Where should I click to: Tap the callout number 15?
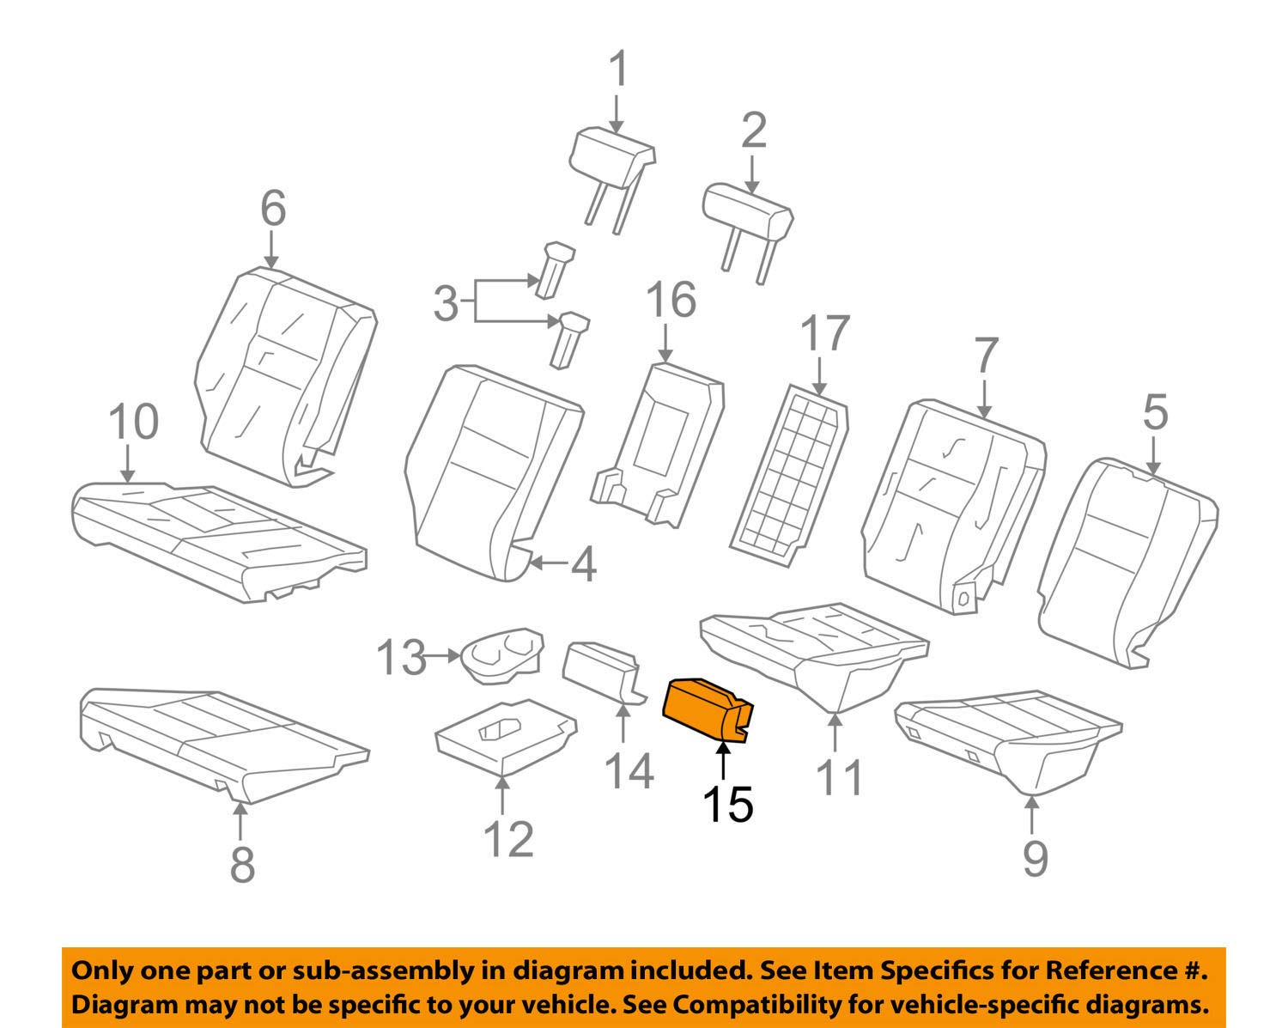pyautogui.click(x=727, y=804)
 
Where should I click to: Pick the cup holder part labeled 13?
pyautogui.click(x=502, y=656)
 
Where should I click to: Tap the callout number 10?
pyautogui.click(x=134, y=422)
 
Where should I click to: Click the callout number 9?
pyautogui.click(x=1034, y=856)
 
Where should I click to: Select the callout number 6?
pyautogui.click(x=272, y=209)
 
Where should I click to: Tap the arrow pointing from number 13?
pyautogui.click(x=445, y=657)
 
